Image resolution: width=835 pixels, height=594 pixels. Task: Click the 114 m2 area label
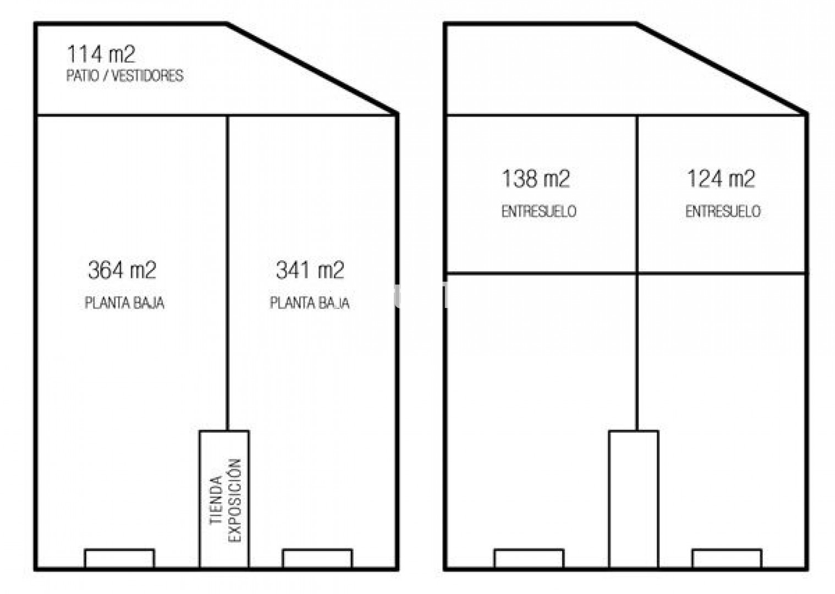tap(101, 54)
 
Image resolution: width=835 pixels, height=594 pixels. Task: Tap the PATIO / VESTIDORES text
tap(125, 76)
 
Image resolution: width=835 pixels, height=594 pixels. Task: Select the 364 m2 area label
tap(122, 270)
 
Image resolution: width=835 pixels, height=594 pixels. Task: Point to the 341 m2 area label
tap(310, 270)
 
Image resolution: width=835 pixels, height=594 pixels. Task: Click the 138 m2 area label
tap(536, 179)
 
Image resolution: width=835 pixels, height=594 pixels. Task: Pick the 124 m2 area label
tap(721, 179)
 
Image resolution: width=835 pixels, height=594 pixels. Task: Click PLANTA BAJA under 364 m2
tap(124, 302)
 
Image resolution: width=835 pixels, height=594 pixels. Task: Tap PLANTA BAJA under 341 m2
tap(310, 302)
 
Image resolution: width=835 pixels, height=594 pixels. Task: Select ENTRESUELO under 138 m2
tap(539, 211)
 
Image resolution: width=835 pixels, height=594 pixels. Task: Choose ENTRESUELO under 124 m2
tap(723, 211)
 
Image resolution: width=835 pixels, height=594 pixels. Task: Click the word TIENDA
tap(216, 500)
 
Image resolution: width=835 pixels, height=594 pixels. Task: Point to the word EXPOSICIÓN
tap(235, 500)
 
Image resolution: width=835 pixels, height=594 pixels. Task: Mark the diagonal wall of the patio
tap(312, 68)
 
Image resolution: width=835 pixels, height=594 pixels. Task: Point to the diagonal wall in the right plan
tap(722, 68)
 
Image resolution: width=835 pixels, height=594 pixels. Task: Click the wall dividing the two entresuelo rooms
tap(636, 194)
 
